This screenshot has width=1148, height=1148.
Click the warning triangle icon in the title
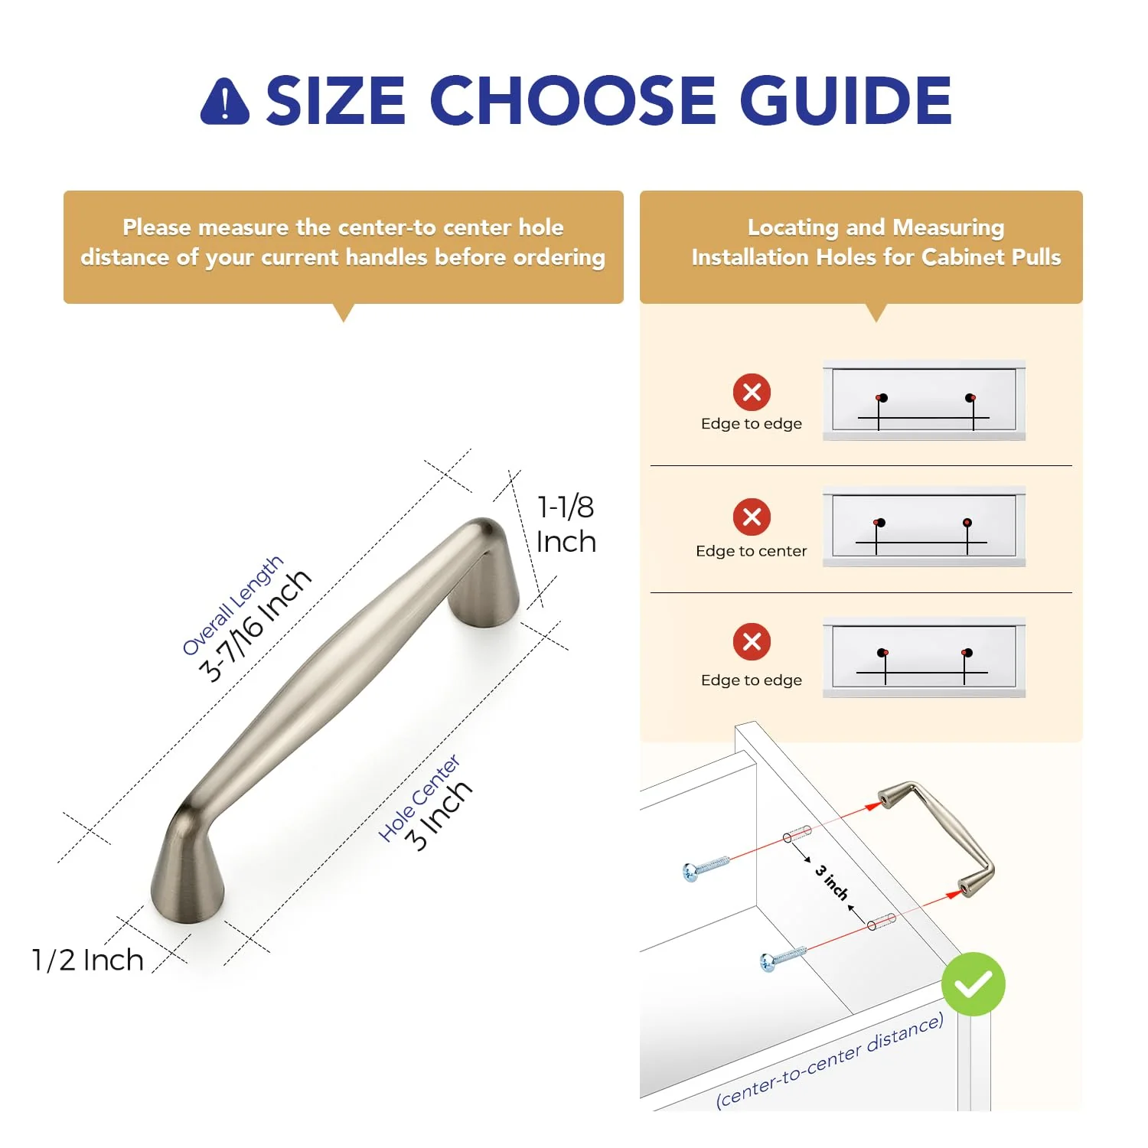coord(225,101)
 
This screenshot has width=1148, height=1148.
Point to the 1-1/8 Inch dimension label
coord(566,524)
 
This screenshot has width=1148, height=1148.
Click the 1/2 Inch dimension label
coord(87,960)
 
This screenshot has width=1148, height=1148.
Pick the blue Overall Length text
coord(232,605)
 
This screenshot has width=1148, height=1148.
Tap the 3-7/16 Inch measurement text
coord(255,625)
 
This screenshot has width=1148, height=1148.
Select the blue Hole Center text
coord(419,797)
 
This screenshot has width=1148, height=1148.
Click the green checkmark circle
coord(973,984)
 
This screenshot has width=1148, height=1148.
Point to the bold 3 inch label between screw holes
coord(832,882)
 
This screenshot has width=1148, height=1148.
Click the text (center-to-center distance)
coord(830,1062)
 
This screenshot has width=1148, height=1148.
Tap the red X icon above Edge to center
coord(752,517)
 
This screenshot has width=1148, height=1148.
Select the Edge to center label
coord(751,551)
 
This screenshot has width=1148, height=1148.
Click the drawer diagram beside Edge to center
coord(924,526)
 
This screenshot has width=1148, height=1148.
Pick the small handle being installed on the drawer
coord(937,840)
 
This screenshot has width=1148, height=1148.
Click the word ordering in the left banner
coord(559,258)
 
